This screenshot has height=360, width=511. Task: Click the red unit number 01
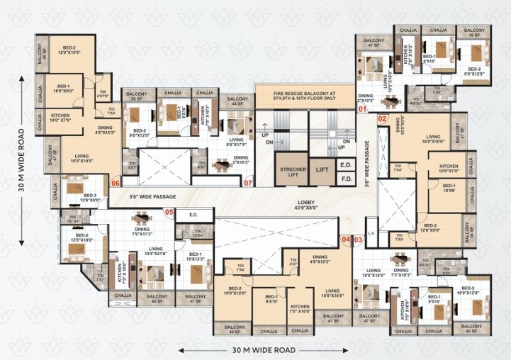[362, 109]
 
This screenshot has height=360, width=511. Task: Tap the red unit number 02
[382, 118]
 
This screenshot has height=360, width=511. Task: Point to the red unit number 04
[347, 240]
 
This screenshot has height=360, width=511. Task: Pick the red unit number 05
[169, 212]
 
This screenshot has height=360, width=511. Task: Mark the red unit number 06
[115, 183]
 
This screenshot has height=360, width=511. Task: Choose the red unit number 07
[248, 184]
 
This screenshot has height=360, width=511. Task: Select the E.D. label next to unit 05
[193, 214]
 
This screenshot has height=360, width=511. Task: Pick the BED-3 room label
[90, 197]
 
